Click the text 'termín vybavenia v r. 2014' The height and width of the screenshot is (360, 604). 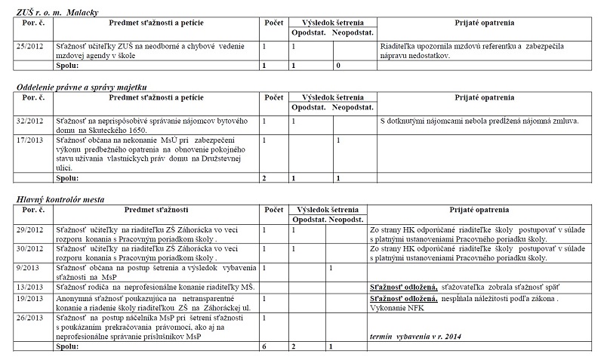point(414,335)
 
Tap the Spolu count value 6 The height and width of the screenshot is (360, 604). point(263,346)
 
